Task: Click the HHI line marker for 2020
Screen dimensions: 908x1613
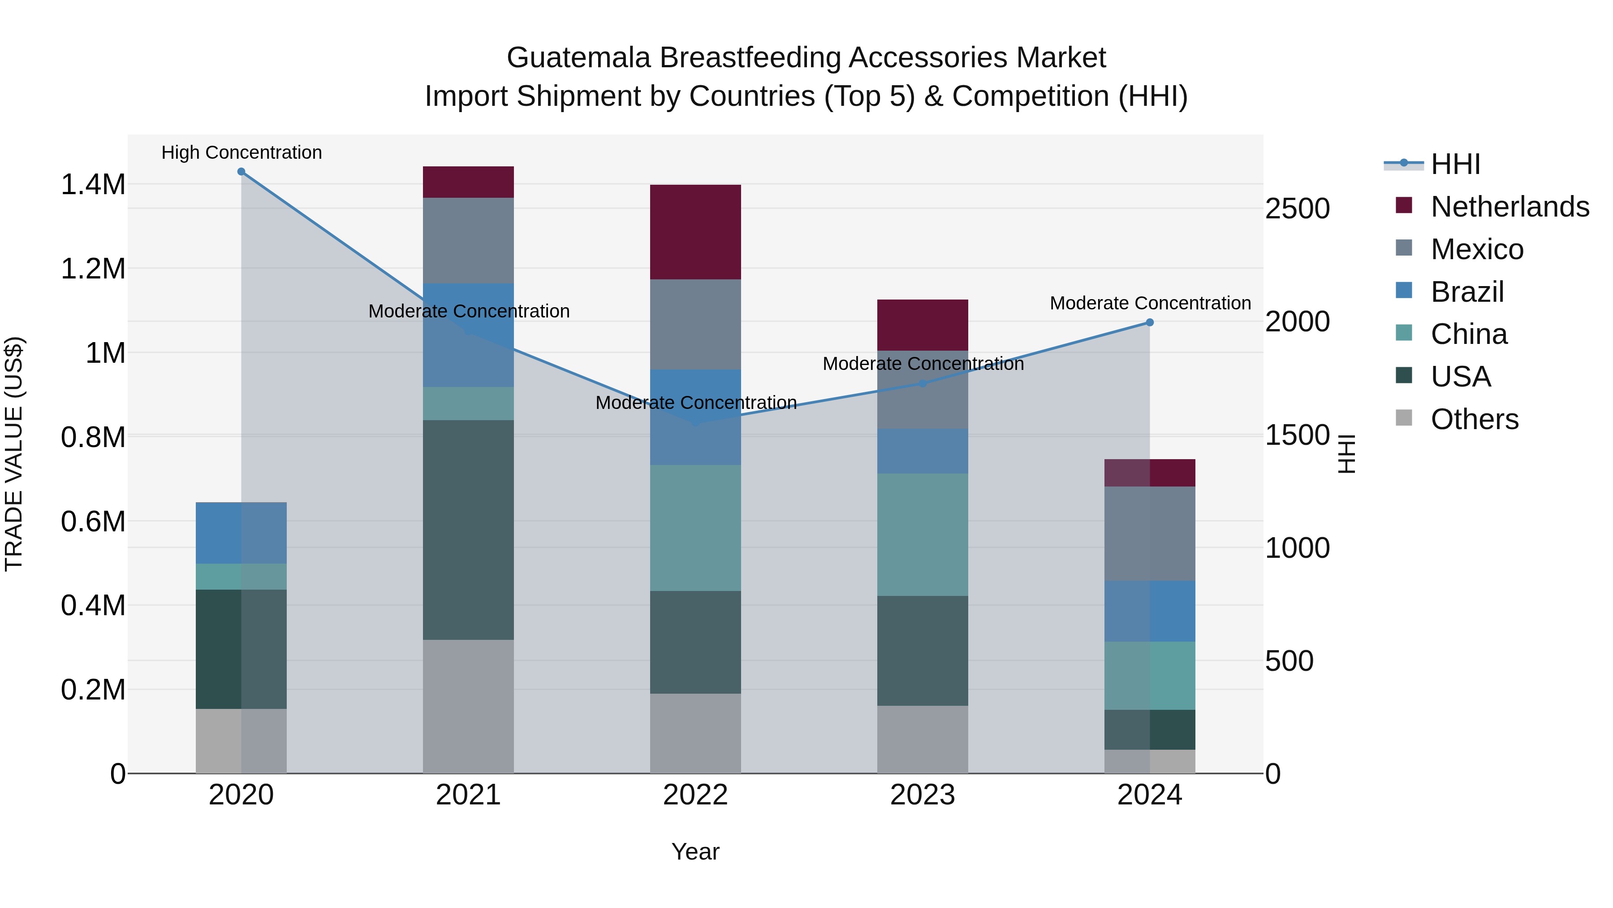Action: click(241, 172)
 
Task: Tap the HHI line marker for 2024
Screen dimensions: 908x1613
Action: click(1150, 323)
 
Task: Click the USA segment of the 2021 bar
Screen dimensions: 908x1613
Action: click(468, 530)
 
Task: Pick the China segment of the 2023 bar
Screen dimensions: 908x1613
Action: click(923, 534)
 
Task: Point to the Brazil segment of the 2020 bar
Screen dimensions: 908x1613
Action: click(241, 533)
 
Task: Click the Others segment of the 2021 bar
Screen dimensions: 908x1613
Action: click(468, 706)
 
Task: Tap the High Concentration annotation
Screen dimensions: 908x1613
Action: click(242, 152)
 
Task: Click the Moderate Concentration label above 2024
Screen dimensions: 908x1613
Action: click(1150, 303)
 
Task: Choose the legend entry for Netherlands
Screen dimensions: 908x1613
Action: click(1509, 207)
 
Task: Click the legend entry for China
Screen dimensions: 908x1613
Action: click(1468, 334)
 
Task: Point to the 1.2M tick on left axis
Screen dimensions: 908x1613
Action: click(93, 269)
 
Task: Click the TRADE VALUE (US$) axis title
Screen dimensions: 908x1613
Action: click(14, 454)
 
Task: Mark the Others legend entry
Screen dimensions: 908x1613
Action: click(1474, 419)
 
